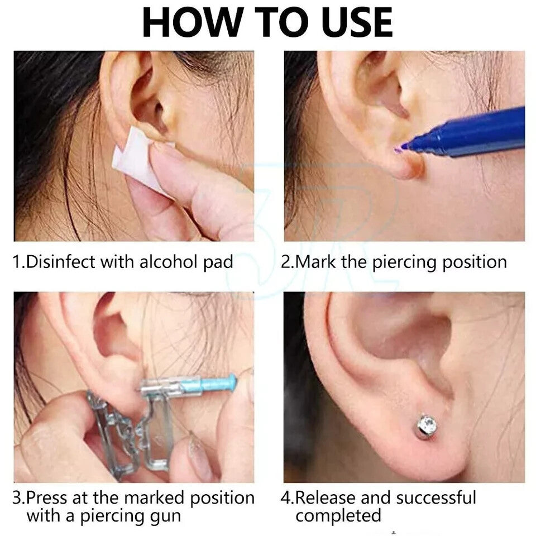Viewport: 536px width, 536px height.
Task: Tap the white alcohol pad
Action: click(141, 161)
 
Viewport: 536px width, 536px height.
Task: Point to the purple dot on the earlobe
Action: click(398, 149)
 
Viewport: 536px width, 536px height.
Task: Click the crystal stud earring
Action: click(428, 427)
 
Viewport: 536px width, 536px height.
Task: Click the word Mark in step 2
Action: click(315, 262)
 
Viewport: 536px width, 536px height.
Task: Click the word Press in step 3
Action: click(46, 497)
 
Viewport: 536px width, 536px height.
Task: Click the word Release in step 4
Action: click(325, 497)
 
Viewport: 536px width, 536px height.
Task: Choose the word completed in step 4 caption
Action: click(338, 515)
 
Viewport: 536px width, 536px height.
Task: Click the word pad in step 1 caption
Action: click(218, 262)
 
